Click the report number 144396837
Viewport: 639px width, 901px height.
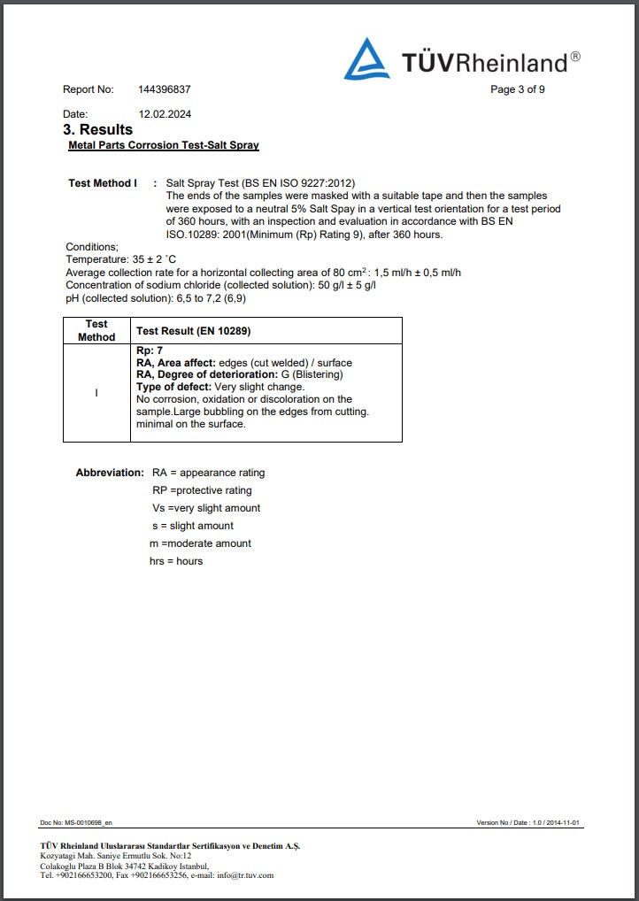click(165, 89)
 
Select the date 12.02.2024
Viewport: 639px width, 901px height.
click(165, 114)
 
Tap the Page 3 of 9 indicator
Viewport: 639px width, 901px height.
click(518, 89)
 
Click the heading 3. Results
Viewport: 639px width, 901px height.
click(99, 129)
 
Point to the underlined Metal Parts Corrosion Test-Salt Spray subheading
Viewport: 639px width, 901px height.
click(164, 145)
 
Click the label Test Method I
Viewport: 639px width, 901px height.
click(103, 183)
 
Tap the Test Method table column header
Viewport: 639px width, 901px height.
click(96, 330)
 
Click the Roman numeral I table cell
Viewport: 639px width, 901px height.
click(96, 392)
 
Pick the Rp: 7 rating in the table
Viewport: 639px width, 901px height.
click(150, 351)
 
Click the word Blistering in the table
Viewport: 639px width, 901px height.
click(319, 374)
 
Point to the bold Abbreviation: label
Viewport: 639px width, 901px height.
click(110, 473)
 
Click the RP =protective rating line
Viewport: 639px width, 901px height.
click(202, 490)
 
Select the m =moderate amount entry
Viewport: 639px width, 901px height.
click(200, 543)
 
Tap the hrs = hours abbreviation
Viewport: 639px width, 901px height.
click(176, 561)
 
